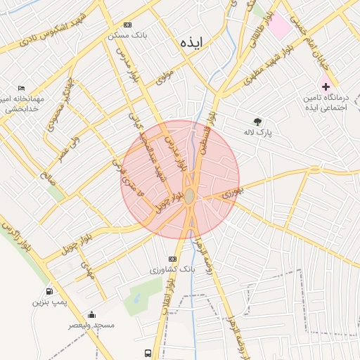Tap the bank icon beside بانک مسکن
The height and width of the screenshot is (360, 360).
pos(127,24)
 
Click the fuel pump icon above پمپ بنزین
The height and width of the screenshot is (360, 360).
pos(49,291)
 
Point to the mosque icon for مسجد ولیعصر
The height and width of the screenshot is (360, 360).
pos(91,314)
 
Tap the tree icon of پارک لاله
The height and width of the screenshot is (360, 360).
pos(257,121)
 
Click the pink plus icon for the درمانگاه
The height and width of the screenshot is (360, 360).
pos(326,85)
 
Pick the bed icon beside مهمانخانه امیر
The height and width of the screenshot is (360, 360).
pos(20,87)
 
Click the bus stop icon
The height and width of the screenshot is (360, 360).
pos(148,352)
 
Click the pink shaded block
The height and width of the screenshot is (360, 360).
pos(280,26)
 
